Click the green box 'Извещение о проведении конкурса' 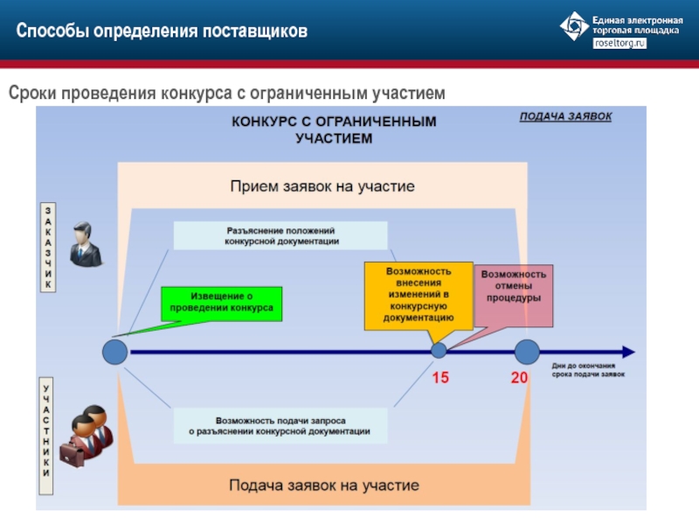[221, 302]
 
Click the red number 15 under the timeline [440, 378]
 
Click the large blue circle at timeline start [115, 352]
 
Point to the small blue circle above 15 [439, 351]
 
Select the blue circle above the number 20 [527, 352]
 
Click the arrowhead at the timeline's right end [628, 352]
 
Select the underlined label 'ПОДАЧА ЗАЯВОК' [565, 116]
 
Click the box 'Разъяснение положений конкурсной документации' [280, 235]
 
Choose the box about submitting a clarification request [280, 426]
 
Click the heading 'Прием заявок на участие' [322, 186]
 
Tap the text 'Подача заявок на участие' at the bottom [324, 485]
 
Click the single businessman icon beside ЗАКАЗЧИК [85, 245]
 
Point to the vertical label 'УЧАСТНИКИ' [47, 428]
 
